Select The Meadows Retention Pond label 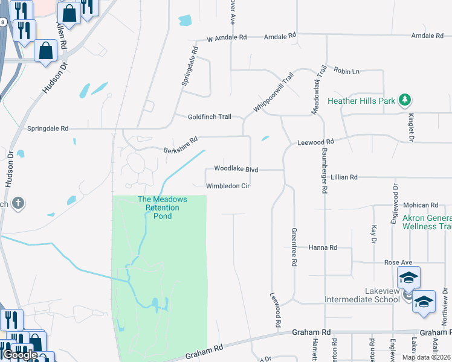[x=163, y=208]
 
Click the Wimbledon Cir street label [x=228, y=186]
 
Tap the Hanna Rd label [x=322, y=247]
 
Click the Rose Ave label [x=398, y=262]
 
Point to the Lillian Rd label [x=344, y=177]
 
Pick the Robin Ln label [x=346, y=71]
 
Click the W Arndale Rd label [x=227, y=37]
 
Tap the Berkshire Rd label [x=181, y=145]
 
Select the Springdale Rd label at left [x=48, y=129]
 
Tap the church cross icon [x=18, y=203]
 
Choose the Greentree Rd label [x=294, y=247]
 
